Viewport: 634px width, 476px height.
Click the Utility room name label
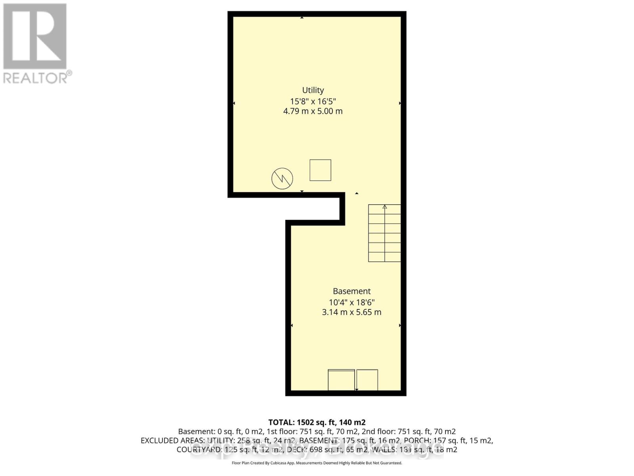313,90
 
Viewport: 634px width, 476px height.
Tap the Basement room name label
351,291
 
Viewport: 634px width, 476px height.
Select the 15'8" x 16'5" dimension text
313,101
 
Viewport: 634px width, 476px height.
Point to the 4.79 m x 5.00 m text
313,111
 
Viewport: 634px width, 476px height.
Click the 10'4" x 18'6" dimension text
351,302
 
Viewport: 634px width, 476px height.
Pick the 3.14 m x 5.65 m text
351,312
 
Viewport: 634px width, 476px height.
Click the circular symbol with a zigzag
282,178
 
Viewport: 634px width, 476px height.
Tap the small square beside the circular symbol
320,170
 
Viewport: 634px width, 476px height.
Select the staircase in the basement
384,233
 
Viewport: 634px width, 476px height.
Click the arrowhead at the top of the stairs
384,207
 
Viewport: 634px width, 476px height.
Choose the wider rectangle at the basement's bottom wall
341,380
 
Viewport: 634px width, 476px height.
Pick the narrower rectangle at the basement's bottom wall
367,380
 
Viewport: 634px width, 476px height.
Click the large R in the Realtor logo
35,36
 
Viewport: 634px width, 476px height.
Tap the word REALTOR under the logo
36,78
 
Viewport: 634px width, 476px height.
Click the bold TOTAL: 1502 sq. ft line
317,422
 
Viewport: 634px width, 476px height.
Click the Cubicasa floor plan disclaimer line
317,463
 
